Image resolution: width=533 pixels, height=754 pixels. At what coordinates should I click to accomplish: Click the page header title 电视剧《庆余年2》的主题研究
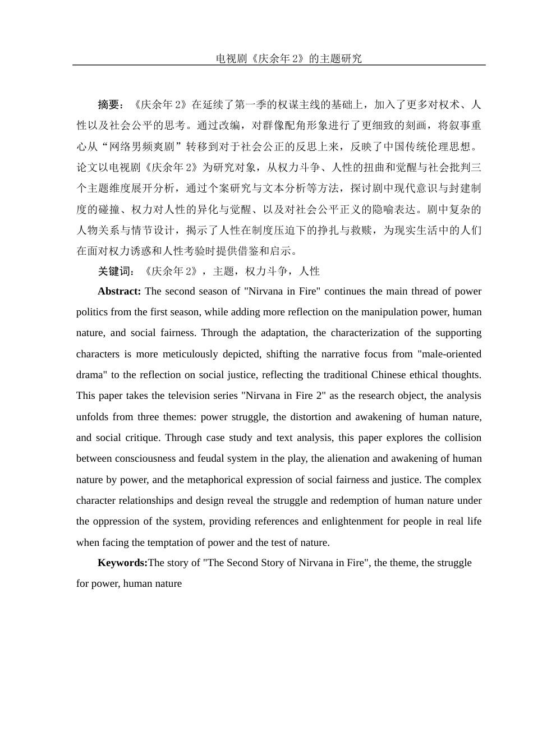click(x=289, y=58)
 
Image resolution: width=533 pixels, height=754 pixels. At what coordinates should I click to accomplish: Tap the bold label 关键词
click(x=115, y=272)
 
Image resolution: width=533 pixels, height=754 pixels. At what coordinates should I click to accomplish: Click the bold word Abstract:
click(x=119, y=291)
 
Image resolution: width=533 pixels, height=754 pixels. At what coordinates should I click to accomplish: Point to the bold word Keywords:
click(x=122, y=563)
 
